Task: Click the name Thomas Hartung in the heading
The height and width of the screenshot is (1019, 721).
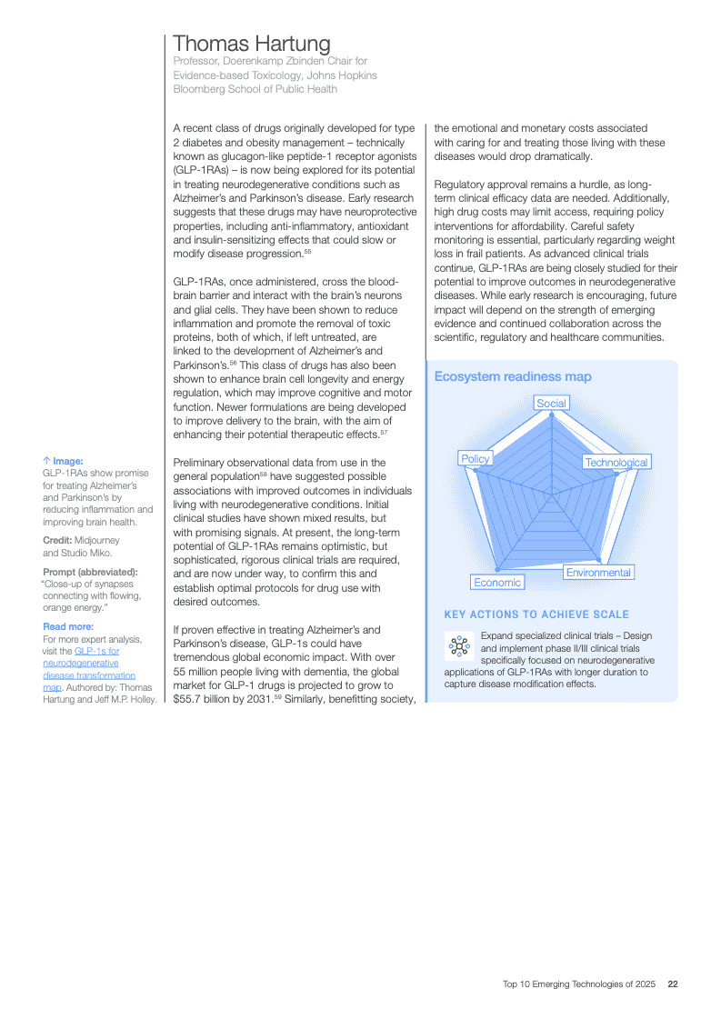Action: point(252,44)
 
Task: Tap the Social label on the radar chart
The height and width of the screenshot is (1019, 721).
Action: point(551,403)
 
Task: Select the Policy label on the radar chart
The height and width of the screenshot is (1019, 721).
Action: point(476,459)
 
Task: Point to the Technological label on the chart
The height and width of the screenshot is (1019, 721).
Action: point(616,463)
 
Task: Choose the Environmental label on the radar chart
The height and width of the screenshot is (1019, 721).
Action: point(598,573)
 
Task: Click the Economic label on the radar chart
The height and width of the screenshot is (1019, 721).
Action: point(497,582)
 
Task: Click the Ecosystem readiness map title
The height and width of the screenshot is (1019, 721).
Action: point(513,376)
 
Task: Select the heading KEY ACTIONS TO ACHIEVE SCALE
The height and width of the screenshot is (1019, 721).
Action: point(536,614)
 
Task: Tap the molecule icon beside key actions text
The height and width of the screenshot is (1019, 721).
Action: point(457,646)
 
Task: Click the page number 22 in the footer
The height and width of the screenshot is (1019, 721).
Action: point(673,984)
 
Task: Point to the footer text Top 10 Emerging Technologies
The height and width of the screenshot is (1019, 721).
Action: point(579,984)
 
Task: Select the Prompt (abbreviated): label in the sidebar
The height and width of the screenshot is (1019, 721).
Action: point(90,572)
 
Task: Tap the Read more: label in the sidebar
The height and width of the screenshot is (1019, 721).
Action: point(68,626)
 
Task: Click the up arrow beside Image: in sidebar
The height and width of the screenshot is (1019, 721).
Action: point(46,461)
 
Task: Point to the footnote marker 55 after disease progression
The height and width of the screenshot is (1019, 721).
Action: point(308,251)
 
